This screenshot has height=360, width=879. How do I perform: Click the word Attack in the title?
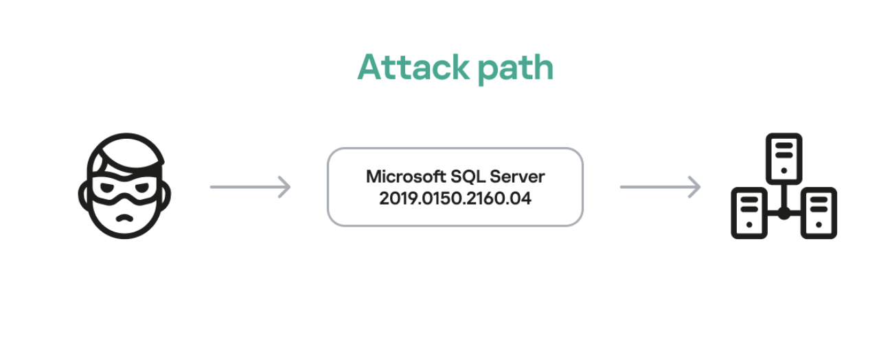pos(413,67)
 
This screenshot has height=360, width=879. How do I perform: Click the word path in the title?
pos(516,69)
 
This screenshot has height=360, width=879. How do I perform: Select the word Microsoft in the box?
pos(405,177)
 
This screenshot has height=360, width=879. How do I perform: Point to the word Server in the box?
pos(517,177)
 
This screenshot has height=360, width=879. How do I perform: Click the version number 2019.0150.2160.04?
pos(455,199)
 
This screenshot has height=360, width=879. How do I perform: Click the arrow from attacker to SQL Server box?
pos(251,187)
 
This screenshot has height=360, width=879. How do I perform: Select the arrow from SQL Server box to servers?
pos(660,187)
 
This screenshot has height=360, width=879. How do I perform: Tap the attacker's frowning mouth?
pos(124,218)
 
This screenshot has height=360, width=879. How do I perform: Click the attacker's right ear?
pos(166,195)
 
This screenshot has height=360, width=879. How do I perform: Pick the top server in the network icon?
pos(784,159)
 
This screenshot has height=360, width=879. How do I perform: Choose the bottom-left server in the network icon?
pos(749,213)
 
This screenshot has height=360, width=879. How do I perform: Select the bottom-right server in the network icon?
pos(819,213)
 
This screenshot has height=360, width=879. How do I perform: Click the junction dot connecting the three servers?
pos(784,214)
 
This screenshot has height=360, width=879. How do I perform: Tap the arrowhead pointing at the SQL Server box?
pos(285,187)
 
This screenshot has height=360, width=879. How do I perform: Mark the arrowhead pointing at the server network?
pos(694,187)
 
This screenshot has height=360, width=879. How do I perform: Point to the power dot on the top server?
pos(784,171)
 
